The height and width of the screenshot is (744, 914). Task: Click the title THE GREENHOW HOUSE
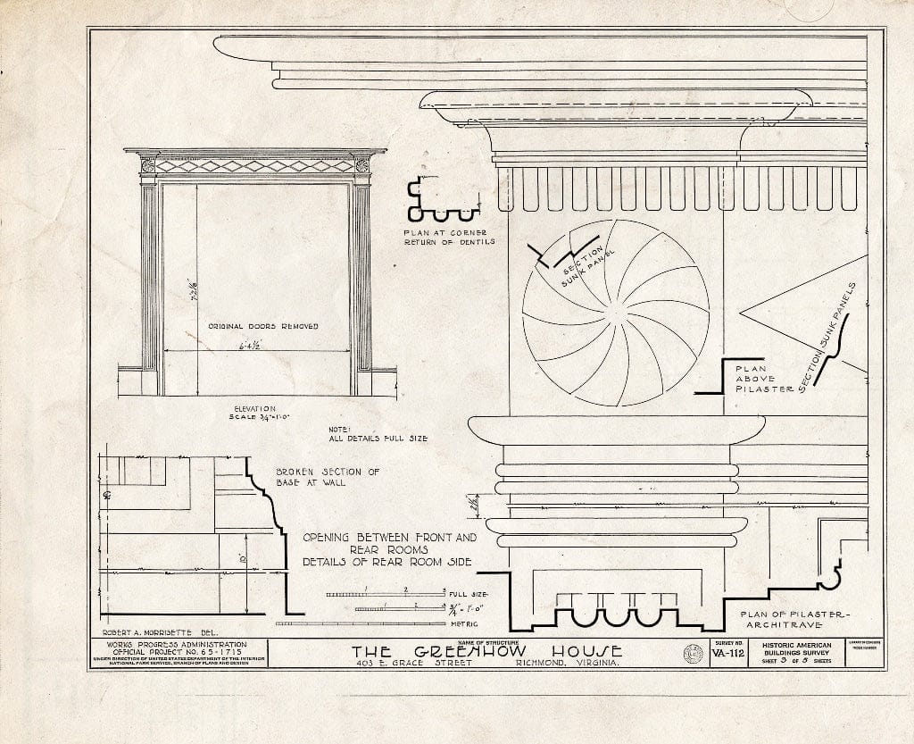point(486,652)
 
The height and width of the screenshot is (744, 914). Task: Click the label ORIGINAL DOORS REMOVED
point(263,327)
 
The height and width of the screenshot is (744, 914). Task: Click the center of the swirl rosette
point(616,313)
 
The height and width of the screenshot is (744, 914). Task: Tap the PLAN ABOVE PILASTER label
point(757,378)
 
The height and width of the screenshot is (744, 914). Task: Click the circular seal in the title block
point(692,655)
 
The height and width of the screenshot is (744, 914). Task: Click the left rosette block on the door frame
point(148,165)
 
